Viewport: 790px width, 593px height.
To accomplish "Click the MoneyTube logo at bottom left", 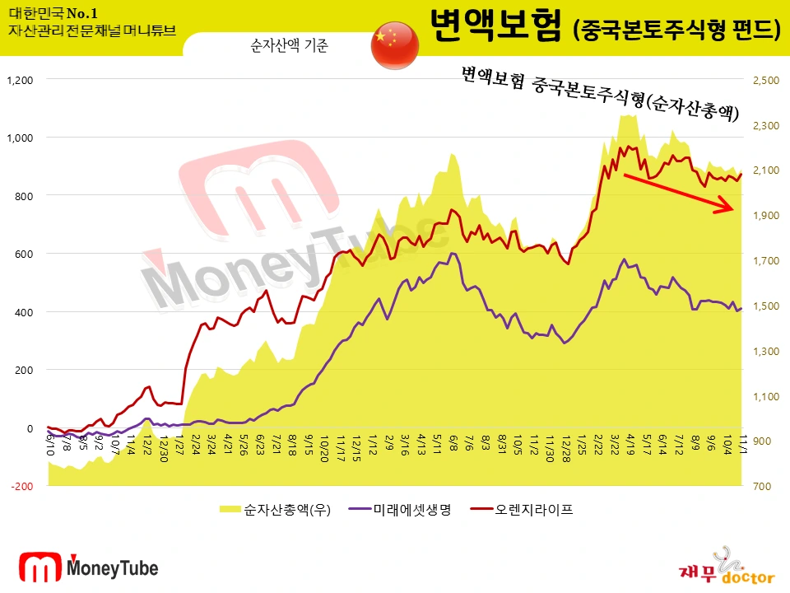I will [x=89, y=567].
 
